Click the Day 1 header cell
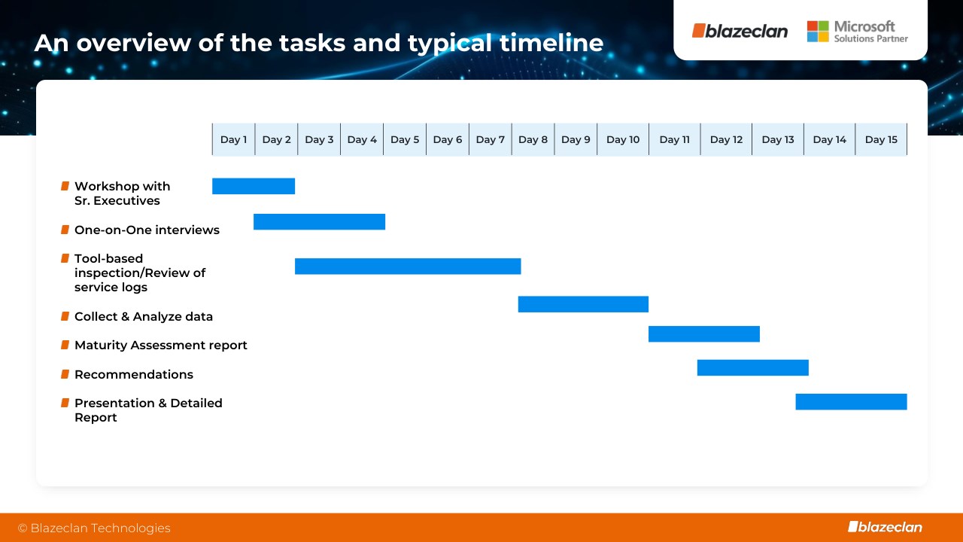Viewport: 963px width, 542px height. point(233,139)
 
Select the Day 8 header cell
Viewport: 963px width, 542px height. point(533,139)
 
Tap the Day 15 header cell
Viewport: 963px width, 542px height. point(881,139)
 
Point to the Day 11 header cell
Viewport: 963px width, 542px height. point(675,139)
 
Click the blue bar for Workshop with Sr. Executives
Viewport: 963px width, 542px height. point(254,186)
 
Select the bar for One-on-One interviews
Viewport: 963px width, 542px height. point(320,221)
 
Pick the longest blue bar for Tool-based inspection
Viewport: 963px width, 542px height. point(408,266)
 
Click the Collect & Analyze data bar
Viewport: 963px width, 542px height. point(583,304)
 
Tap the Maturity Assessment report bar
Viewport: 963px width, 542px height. point(704,333)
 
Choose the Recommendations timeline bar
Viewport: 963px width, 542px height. point(753,368)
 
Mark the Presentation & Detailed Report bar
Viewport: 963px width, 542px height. point(851,402)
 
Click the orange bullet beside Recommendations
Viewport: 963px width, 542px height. point(65,374)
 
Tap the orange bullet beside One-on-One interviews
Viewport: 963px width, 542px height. point(65,230)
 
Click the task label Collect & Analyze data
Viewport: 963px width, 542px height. point(144,317)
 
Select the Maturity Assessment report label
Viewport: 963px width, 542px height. point(161,346)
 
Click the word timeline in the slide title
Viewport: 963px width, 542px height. point(551,43)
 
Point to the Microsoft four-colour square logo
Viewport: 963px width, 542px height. point(818,32)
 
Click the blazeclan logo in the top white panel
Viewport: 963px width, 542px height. point(740,31)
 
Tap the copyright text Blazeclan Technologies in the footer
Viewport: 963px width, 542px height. point(94,528)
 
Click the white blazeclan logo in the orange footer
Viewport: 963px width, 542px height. point(886,527)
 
